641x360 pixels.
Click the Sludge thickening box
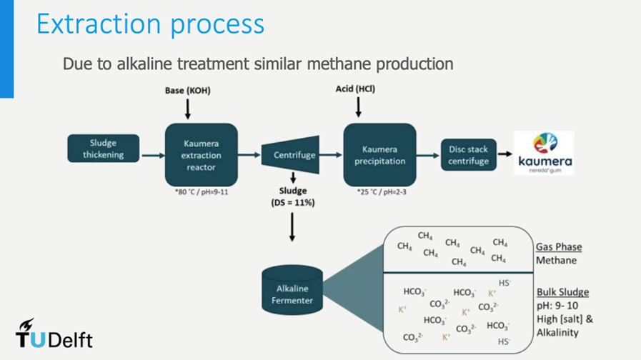103,149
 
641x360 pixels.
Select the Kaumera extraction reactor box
201,155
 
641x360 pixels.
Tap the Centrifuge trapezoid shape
294,155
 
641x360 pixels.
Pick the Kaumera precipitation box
379,155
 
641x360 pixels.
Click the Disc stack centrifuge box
468,155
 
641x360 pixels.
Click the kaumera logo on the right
545,153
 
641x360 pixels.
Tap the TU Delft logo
54,334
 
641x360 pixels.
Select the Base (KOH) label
187,91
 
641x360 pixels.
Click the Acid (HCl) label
355,89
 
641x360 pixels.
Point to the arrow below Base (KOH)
187,109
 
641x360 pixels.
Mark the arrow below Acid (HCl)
358,107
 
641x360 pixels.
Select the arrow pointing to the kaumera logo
505,153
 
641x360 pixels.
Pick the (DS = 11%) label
292,203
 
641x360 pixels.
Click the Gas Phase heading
559,247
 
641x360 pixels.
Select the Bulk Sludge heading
562,293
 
